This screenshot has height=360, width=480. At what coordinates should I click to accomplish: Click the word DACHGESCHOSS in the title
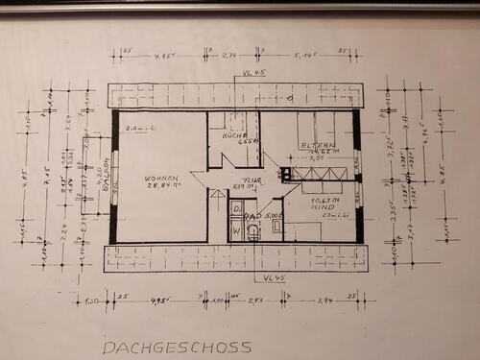pos(177,347)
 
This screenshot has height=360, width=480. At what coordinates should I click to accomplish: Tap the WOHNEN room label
pos(162,179)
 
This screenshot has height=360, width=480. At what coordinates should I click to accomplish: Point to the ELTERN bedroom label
pos(317,146)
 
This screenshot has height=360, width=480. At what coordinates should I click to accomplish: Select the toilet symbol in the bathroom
pos(252,230)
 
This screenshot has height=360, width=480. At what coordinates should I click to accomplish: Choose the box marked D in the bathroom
pos(235,208)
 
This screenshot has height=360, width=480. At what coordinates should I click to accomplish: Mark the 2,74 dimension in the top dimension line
pos(230,55)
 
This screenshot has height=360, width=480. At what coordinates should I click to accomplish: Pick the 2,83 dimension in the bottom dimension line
pos(254,300)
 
